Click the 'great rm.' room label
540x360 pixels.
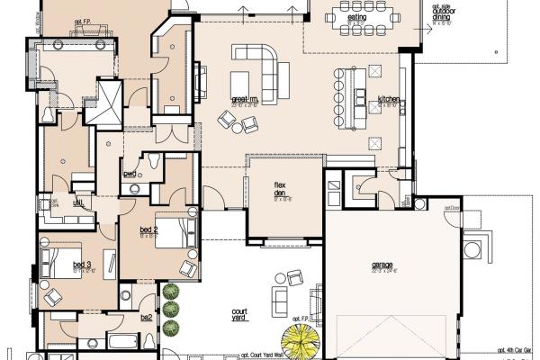[244, 99]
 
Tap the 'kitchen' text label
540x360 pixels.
[388, 98]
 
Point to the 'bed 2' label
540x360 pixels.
[148, 229]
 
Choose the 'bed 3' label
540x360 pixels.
[82, 265]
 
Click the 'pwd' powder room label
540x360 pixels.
[130, 174]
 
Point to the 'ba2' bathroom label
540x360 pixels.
[146, 318]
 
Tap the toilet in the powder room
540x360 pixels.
[154, 164]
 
